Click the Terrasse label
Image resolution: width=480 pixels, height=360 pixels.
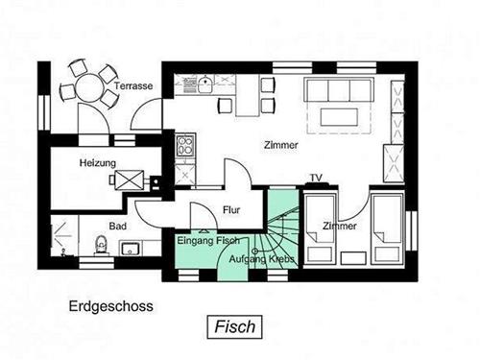click(134, 86)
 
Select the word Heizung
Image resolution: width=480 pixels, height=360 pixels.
click(98, 163)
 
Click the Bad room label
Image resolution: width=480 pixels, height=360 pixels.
click(118, 227)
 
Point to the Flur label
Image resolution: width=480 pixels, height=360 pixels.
click(231, 209)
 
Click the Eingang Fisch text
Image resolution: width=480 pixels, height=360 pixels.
click(207, 240)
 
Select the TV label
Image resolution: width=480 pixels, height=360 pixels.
click(315, 179)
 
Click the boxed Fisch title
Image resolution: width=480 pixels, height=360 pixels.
click(234, 326)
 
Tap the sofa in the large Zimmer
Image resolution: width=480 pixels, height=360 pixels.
click(338, 90)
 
